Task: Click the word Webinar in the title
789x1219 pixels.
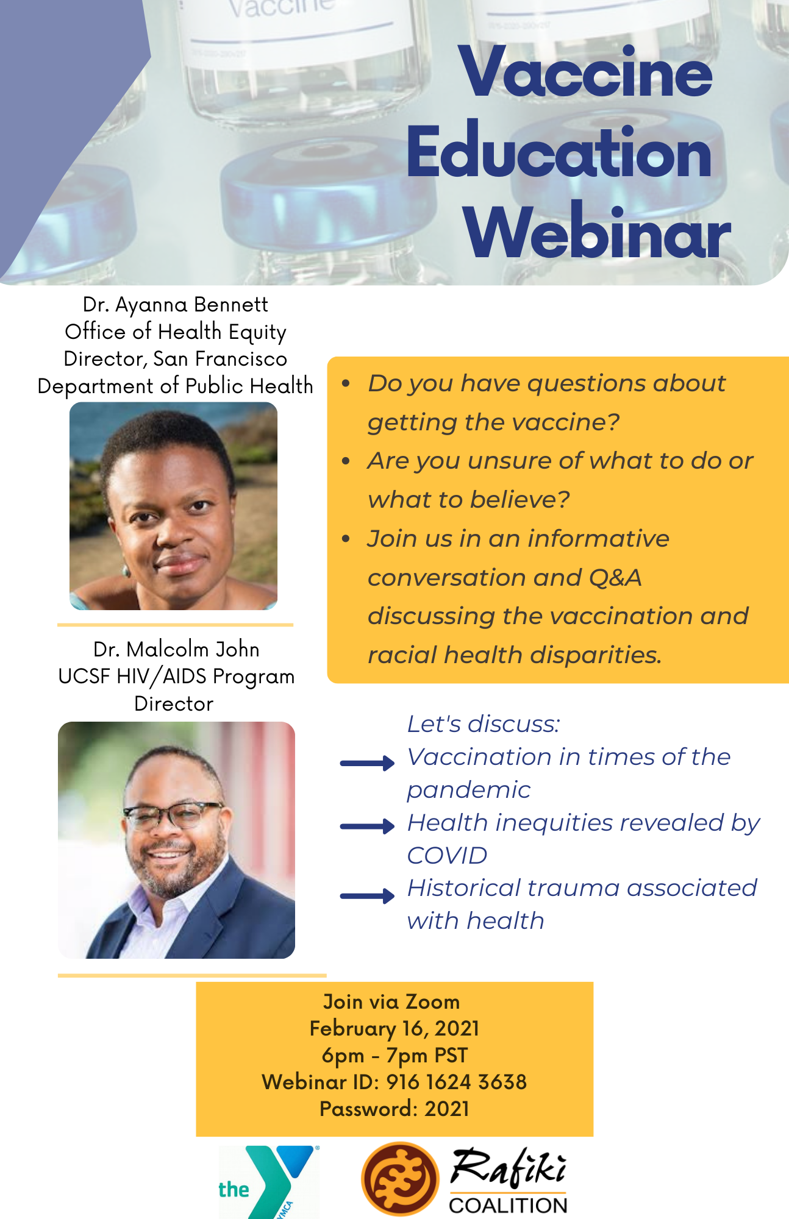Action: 598,232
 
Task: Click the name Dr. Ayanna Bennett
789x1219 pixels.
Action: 176,304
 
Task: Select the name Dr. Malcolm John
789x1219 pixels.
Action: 176,649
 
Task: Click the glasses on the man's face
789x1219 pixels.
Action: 173,814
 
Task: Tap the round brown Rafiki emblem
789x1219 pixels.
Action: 400,1179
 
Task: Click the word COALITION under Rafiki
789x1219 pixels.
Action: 509,1205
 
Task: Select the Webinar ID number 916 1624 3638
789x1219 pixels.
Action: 457,1082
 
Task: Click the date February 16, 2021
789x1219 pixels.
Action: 394,1029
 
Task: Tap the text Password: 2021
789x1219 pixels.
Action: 394,1109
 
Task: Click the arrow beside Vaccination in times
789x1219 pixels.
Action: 368,763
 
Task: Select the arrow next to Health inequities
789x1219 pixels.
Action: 368,826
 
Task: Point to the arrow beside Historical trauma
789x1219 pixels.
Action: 368,895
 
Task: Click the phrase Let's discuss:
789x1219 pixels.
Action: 484,724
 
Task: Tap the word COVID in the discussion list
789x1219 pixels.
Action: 447,856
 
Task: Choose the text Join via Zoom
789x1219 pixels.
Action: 391,1002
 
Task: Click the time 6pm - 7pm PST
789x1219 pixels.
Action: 394,1056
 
